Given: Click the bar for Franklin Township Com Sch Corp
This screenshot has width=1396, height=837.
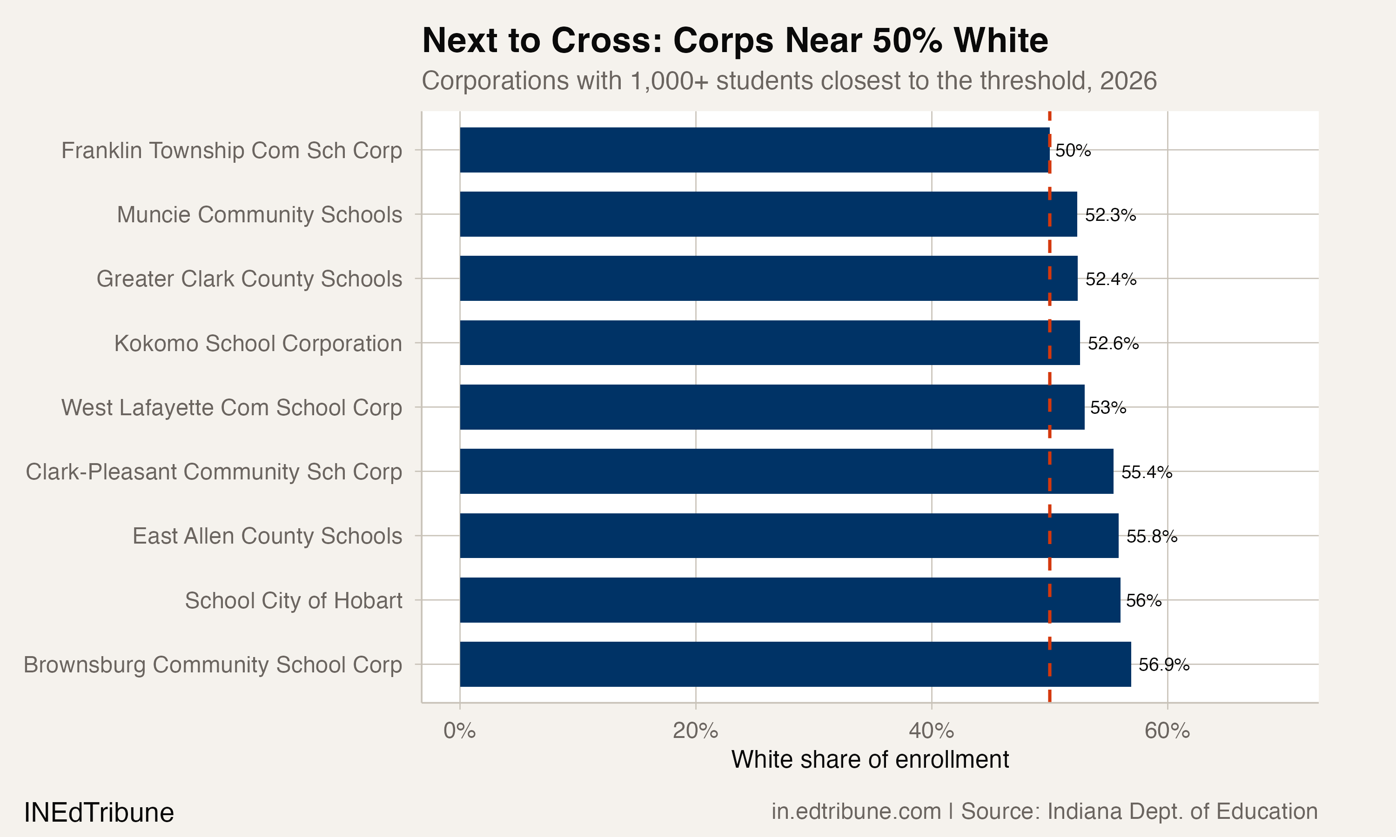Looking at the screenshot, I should coord(754,150).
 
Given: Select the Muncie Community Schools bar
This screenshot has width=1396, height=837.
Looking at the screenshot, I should coord(768,214).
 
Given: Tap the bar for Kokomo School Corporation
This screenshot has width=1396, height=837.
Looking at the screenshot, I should coord(770,343).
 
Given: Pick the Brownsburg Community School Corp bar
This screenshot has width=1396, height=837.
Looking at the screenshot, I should coord(795,664).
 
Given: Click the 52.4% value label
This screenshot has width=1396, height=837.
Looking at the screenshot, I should coord(1110,279).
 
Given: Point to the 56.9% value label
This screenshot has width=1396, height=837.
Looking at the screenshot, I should coord(1163,665).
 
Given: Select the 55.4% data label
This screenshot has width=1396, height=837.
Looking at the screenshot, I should coord(1146,472).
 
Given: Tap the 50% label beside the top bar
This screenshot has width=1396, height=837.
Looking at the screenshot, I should coord(1073,151).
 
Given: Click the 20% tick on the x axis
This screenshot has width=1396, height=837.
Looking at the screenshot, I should coord(695,731).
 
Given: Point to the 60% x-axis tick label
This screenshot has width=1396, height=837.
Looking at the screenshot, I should coord(1167,731).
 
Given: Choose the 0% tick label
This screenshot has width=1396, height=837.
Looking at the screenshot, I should coord(459,731).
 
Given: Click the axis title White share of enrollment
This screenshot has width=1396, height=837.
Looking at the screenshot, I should coord(870,760).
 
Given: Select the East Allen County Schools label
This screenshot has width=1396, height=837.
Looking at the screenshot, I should coord(267,536).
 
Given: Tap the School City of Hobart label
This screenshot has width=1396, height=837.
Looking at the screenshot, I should coord(294,601).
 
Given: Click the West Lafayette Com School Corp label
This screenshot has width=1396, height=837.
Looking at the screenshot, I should coord(231,407).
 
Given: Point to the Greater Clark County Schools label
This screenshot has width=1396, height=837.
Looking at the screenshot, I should coord(249,279).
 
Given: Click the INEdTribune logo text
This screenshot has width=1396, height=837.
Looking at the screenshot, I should coord(99,813).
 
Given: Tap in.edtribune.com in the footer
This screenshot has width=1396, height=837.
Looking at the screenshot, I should coord(855,811).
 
